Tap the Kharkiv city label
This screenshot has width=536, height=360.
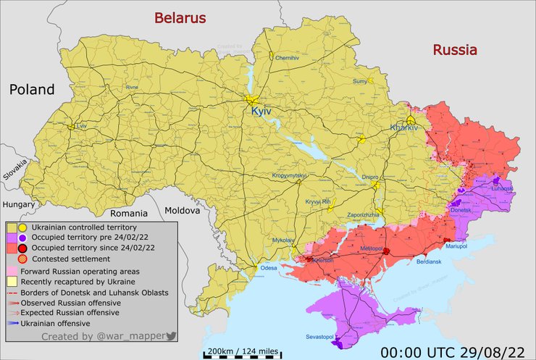point(404,127)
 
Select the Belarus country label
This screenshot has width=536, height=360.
point(178,18)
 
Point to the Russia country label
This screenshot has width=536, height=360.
point(455,50)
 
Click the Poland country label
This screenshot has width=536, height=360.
point(32,90)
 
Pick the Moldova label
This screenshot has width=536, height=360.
point(181,211)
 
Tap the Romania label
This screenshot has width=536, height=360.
point(128,214)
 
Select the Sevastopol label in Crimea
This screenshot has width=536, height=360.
point(317,338)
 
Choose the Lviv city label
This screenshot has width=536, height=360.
point(80,125)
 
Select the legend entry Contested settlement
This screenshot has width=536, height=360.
point(62,258)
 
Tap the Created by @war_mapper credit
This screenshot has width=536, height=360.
point(107,337)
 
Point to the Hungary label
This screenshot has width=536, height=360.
point(19,204)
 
